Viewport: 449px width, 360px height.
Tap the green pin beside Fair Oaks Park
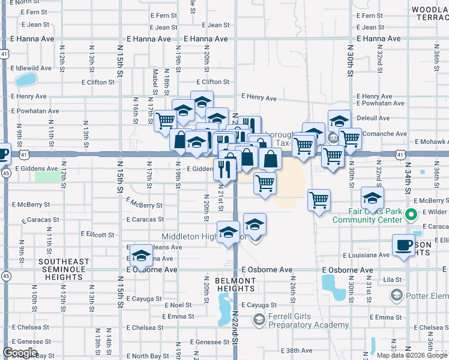coord(411,214)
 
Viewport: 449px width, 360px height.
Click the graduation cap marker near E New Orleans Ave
coord(141,256)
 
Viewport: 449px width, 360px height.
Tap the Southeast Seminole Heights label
coord(64,266)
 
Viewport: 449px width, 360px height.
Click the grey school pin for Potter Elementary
coord(396,295)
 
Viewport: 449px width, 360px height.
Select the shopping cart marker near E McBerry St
coord(319,200)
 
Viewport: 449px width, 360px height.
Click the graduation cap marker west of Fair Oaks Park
coord(372,197)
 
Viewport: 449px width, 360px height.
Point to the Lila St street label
coord(393,280)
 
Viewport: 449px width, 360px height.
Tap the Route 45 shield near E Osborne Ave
coord(5,275)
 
